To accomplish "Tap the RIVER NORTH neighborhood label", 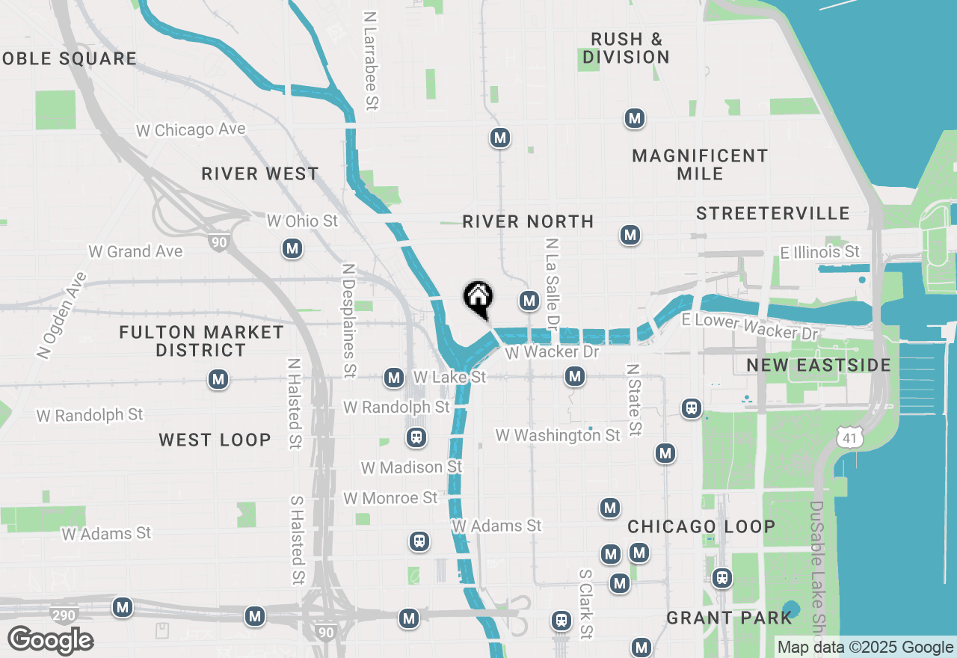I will tap(528, 221).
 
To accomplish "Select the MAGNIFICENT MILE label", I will tap(700, 164).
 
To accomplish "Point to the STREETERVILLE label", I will tap(773, 214).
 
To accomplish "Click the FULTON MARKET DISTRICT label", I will tap(201, 341).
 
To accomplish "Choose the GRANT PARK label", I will tap(729, 618).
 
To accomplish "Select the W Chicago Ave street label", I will tap(191, 130).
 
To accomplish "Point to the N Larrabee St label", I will tap(369, 60).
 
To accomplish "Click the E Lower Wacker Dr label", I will tap(750, 326).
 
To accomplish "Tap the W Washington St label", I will tap(558, 435).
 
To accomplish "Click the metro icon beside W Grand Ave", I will tap(292, 248).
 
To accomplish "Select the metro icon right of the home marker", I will tap(529, 301).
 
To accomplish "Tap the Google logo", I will tap(50, 640).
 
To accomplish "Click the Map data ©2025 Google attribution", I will tap(865, 648).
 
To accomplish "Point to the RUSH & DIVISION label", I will tap(626, 48).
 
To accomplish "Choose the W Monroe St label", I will tap(390, 498).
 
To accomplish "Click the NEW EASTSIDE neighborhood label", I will tap(819, 365).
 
